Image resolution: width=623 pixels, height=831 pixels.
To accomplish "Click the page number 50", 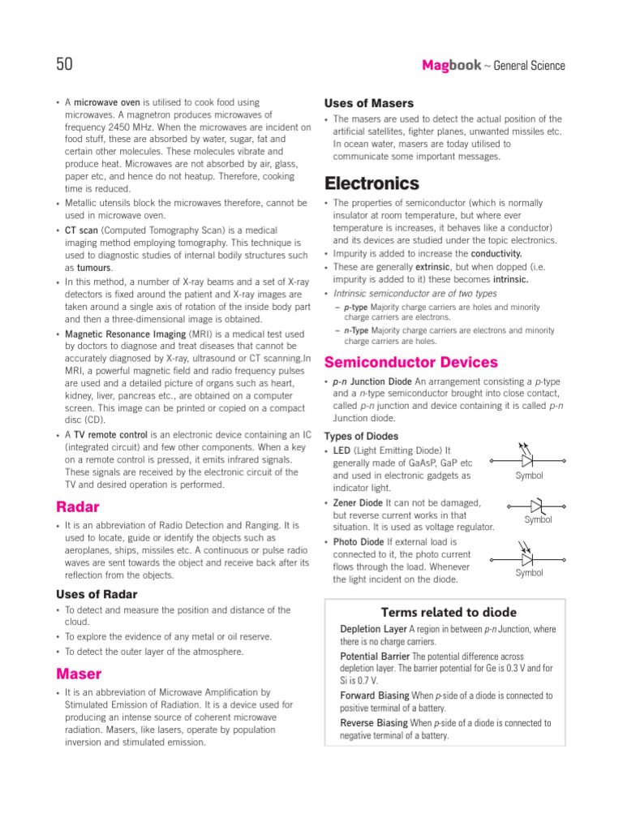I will coord(65,64).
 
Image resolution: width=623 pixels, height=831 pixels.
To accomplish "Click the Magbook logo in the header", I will coord(451,65).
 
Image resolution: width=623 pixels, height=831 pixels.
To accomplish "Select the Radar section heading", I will coord(78,507).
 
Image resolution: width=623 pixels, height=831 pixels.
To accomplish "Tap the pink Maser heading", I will coord(79,674).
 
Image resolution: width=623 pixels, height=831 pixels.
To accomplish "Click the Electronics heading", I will coord(372,183).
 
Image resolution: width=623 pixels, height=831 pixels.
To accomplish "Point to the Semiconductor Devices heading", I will coord(410,362).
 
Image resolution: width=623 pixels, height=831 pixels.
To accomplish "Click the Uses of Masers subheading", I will coord(368,103).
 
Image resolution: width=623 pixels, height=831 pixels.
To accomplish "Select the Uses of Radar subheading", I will coord(97,594).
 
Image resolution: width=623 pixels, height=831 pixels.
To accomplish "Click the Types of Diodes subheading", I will coord(361,436).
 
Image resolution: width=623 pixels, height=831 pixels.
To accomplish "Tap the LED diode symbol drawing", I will coord(528,455).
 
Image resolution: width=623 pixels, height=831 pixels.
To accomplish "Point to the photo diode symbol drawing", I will coord(528,557).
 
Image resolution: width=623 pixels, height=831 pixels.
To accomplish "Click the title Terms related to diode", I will coord(449,612).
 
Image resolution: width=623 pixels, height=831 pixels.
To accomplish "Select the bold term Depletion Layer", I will coord(373,629).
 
